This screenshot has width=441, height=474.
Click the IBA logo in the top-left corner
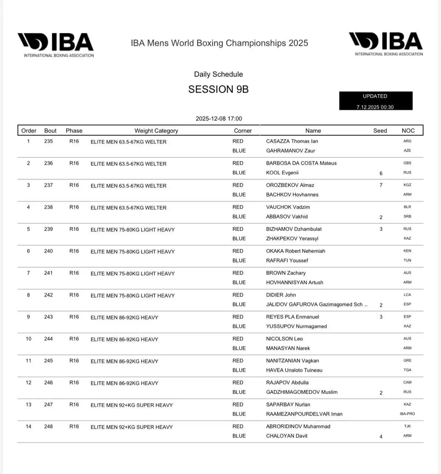(x=56, y=45)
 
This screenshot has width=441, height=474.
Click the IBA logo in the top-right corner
(x=386, y=44)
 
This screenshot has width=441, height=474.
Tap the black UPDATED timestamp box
(x=375, y=101)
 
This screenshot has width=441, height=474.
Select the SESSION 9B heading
(x=218, y=89)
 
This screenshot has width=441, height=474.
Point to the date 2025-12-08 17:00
(x=218, y=118)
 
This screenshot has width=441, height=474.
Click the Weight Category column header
(x=156, y=131)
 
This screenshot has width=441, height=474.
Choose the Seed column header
(x=380, y=131)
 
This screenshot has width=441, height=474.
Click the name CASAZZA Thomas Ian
(x=292, y=141)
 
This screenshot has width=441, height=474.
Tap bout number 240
(x=49, y=251)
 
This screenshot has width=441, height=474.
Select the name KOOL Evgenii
(x=282, y=173)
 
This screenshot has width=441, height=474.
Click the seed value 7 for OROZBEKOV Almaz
(x=381, y=185)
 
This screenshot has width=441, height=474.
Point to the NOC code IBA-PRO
(x=407, y=414)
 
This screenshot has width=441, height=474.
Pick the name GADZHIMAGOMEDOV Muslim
(x=301, y=392)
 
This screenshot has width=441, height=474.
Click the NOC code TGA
(x=407, y=370)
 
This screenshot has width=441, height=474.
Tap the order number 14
(x=29, y=427)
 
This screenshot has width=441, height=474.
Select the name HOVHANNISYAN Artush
(x=294, y=283)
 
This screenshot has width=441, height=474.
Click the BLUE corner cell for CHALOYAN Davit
(x=239, y=436)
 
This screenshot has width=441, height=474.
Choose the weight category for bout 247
(x=131, y=405)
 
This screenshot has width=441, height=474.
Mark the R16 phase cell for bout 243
(x=74, y=317)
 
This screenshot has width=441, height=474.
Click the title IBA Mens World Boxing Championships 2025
(x=219, y=43)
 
